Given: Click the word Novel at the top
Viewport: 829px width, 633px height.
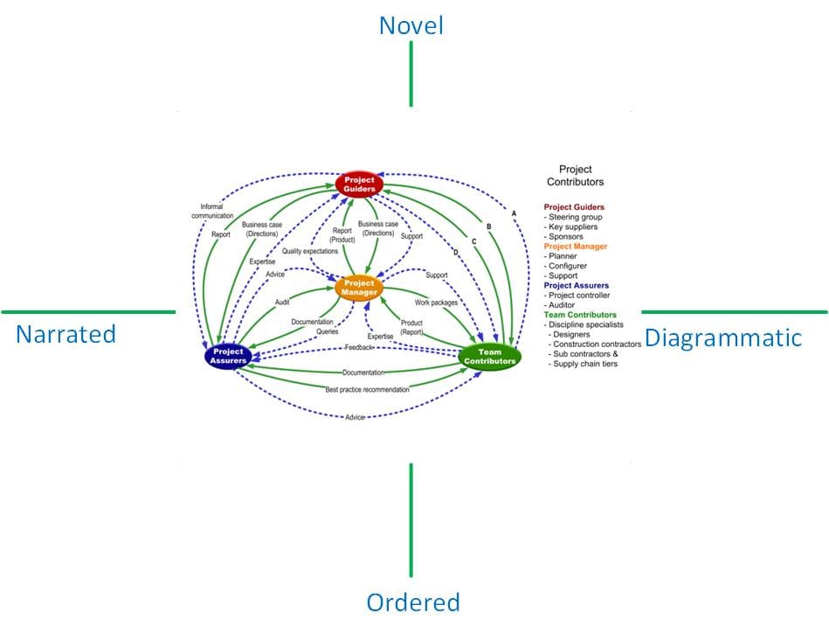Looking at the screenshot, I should pos(411,26).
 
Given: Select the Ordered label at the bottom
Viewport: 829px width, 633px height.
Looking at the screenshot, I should pos(412,602).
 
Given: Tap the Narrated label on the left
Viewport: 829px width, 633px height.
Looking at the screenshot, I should pos(66,334).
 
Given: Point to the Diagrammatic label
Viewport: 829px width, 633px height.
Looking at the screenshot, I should pos(722,337).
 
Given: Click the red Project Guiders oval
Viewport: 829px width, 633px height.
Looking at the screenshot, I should pos(360,184).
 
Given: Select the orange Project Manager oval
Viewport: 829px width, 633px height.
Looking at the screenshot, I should pos(359,288).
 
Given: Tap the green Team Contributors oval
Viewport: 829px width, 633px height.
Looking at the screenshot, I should pos(489,357).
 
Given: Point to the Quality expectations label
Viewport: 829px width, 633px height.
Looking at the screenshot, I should pos(309,252).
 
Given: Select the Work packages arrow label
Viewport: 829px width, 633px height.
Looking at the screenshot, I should pos(436,303).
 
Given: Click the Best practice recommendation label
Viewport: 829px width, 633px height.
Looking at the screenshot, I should pos(367,389).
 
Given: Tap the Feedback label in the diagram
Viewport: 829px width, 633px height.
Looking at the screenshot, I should pos(358,347).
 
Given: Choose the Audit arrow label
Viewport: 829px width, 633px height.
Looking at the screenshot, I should pos(282,302).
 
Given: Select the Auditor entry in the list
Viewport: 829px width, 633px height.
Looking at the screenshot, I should pos(564,304).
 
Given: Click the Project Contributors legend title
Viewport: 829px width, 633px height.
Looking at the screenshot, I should pos(575,176).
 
